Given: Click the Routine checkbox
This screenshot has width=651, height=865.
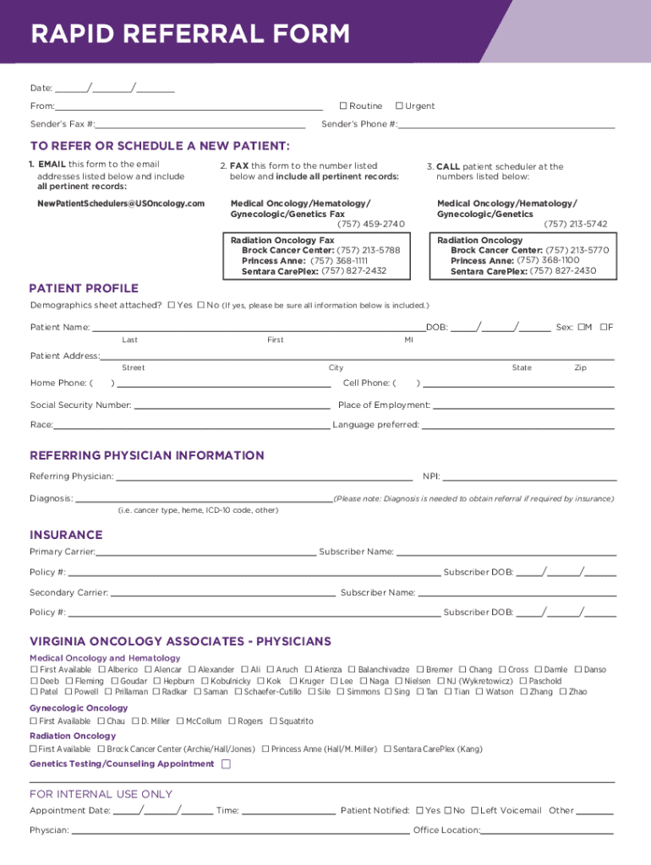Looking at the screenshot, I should tap(343, 106).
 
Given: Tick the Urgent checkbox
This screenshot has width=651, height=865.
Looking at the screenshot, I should tap(399, 106).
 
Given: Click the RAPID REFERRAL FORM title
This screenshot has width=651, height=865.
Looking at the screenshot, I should tap(190, 35).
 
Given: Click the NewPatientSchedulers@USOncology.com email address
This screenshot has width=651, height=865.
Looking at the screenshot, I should tap(121, 204).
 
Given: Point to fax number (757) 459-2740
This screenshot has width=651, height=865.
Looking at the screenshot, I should tap(371, 224).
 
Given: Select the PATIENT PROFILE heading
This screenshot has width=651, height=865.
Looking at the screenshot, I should tap(84, 288).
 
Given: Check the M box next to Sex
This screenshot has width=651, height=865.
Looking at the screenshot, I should tap(582, 327).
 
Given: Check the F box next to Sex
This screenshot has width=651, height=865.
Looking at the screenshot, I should tap(604, 327).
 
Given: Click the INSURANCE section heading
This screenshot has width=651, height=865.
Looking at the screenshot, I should tap(66, 535).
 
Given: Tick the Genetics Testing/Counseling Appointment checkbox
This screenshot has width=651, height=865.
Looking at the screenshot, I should tap(226, 764).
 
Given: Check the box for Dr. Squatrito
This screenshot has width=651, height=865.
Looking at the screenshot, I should tap(274, 721).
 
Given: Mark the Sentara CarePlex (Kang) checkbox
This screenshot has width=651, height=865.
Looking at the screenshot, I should tap(387, 749).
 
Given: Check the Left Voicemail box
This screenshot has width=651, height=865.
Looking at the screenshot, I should tap(474, 811).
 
